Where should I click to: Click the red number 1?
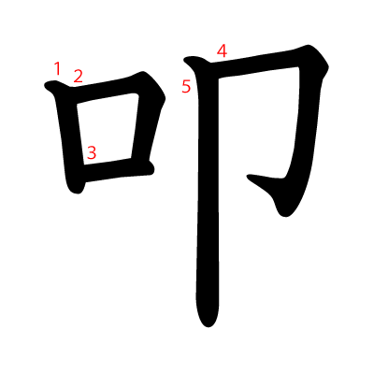click(x=57, y=68)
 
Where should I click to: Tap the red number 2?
click(x=79, y=77)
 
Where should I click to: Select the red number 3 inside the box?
click(x=92, y=151)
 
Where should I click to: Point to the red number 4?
click(x=222, y=50)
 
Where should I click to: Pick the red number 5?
click(x=186, y=87)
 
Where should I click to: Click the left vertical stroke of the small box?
click(x=69, y=136)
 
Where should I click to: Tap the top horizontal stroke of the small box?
click(x=103, y=89)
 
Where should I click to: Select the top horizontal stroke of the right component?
click(x=252, y=64)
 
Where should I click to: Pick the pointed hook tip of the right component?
click(x=253, y=178)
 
